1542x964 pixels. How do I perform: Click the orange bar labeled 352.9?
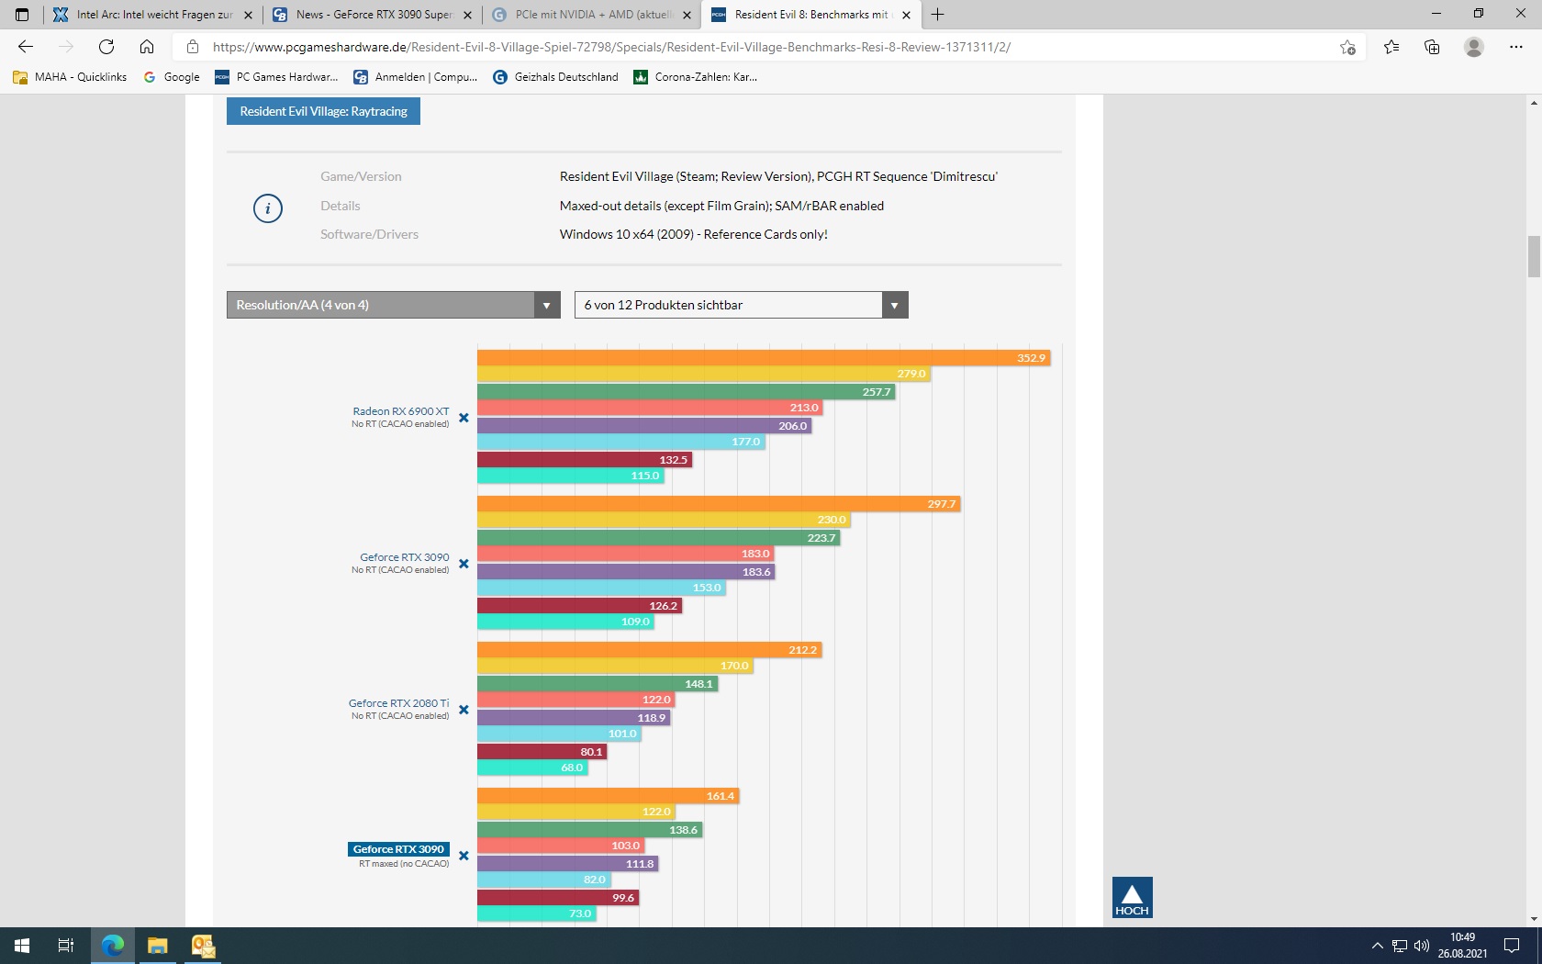pos(762,358)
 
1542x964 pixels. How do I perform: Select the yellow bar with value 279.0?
pos(702,375)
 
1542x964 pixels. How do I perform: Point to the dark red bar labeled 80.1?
pos(541,752)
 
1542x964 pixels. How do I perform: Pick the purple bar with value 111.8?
pos(566,864)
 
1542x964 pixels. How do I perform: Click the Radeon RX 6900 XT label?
pos(401,411)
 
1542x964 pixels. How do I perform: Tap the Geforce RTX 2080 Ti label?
pos(398,703)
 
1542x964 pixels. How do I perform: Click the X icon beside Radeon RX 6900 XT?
pos(464,418)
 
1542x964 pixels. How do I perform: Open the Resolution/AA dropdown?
pos(393,305)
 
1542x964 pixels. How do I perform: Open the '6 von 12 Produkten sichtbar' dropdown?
pos(741,305)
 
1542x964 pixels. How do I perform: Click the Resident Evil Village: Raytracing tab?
pos(323,111)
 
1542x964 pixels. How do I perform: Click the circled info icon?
pos(268,208)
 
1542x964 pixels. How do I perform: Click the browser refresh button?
pos(106,47)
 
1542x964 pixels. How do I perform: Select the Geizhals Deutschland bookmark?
pos(556,77)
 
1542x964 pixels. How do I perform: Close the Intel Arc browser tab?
pos(248,15)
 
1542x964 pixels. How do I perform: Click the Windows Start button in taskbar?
pos(22,946)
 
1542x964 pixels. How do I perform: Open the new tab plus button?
pos(937,15)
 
